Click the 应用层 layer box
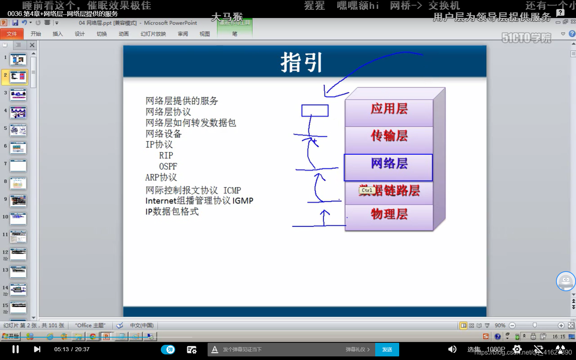pos(389,109)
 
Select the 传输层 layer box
pos(389,136)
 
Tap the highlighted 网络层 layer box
pos(388,164)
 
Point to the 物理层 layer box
pos(389,214)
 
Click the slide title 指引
pos(301,63)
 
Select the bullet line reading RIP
pos(166,156)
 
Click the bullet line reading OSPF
pos(168,166)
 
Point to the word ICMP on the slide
pos(232,190)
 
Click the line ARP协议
pos(161,177)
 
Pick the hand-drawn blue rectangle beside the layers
pos(315,110)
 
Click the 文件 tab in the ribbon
pos(12,34)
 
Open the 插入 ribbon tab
pos(58,34)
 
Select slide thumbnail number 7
pos(18,166)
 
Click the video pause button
pos(16,349)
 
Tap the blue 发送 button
pos(387,350)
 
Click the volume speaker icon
pos(452,349)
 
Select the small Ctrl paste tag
pos(366,190)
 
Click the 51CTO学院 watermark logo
pos(526,38)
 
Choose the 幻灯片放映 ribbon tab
pos(153,34)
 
